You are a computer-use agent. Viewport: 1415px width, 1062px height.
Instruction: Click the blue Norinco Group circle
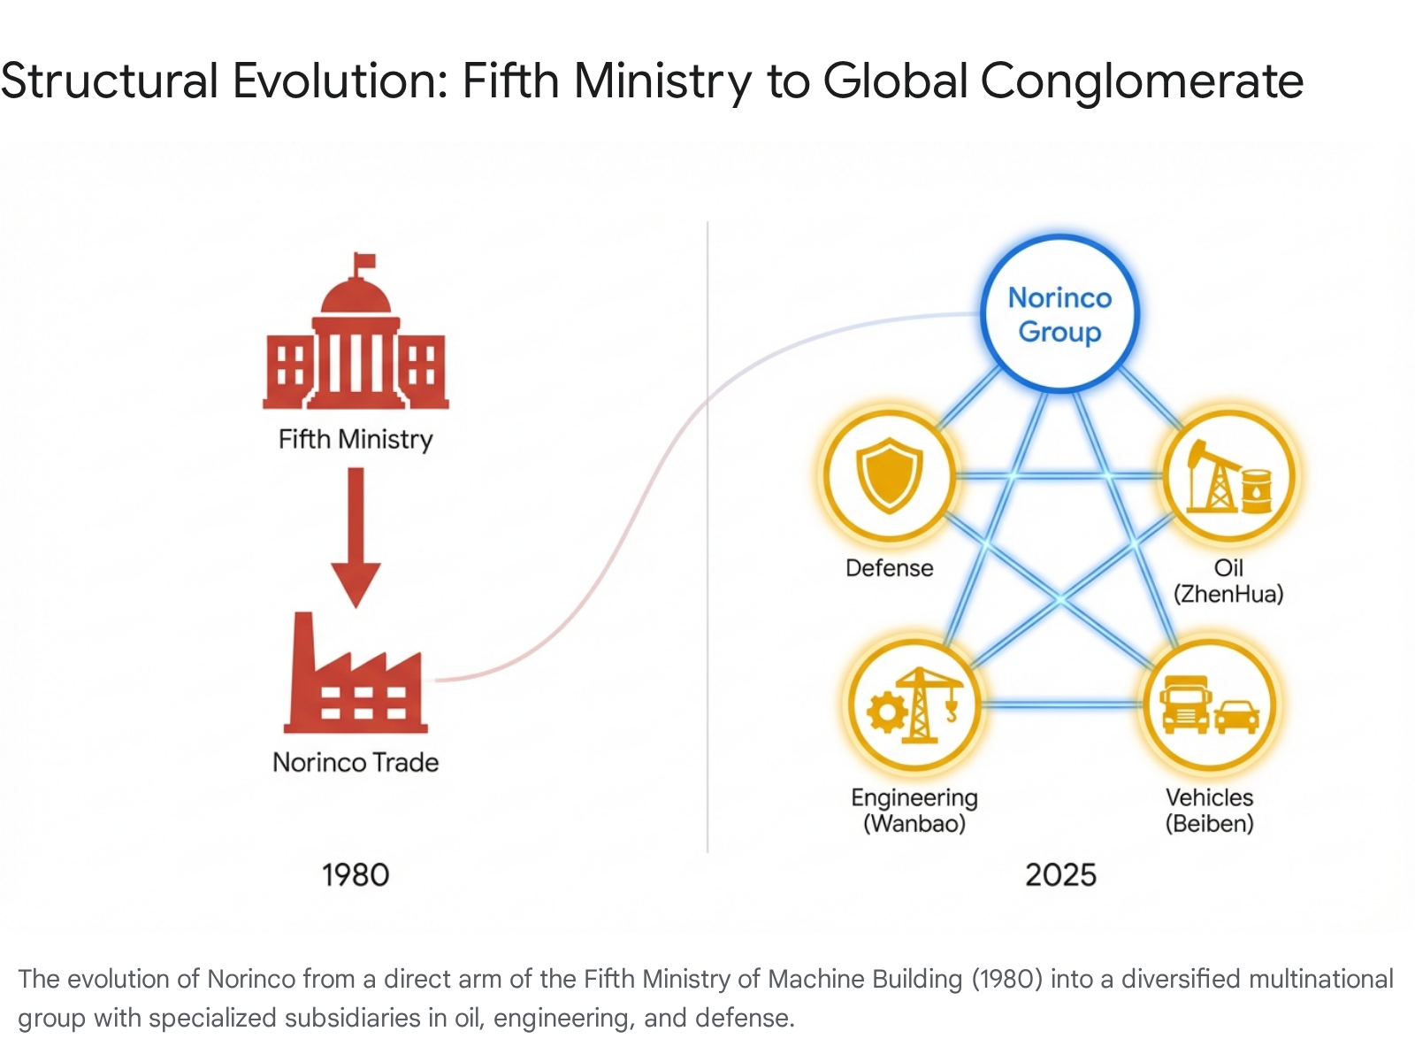(1059, 313)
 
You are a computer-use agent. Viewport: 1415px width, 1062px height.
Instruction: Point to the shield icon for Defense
(889, 476)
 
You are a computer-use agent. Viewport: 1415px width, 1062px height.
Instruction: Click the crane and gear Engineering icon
(914, 705)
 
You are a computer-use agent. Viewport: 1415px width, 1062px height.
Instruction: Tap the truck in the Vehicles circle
(1185, 705)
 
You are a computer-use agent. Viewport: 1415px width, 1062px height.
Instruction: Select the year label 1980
(356, 874)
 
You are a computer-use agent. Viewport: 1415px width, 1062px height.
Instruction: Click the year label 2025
(1060, 874)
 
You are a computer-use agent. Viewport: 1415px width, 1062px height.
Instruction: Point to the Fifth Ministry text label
(356, 439)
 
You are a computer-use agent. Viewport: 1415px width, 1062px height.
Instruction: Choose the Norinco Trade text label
(356, 762)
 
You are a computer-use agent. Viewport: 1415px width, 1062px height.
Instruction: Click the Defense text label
(889, 568)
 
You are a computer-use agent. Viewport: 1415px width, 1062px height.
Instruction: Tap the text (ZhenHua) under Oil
(1228, 594)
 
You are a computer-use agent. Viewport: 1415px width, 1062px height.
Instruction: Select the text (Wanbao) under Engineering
(914, 824)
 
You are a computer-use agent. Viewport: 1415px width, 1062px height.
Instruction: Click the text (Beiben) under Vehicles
(1209, 824)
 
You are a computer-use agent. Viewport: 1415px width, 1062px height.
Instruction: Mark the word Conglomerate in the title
(1142, 81)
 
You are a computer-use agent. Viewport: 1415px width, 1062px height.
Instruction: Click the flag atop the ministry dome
(364, 262)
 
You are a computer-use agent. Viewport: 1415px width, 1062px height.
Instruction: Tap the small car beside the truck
(1237, 716)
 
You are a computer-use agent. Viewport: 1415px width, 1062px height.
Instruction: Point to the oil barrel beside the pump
(1257, 491)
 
